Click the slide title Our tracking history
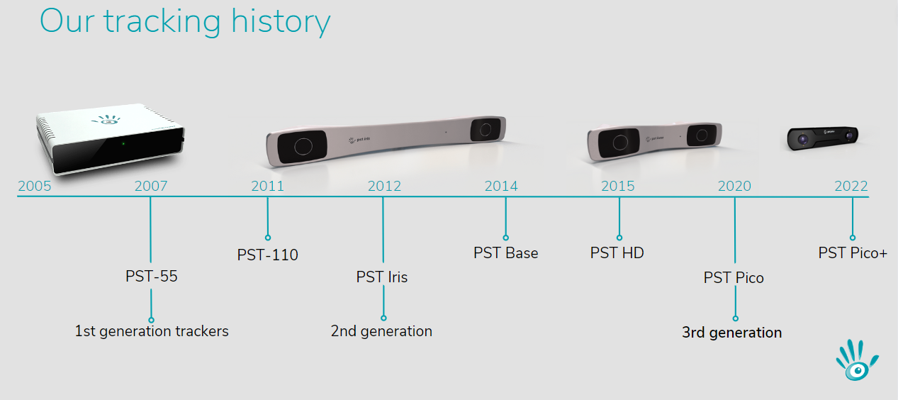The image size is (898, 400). [x=185, y=22]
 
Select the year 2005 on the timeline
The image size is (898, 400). [x=35, y=186]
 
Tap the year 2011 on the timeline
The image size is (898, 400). [x=267, y=186]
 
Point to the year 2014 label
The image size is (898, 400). [x=501, y=186]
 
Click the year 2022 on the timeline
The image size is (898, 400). [x=851, y=186]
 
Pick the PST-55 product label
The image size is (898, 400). [x=151, y=277]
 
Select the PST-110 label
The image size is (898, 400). [x=267, y=255]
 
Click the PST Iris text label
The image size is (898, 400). [x=381, y=277]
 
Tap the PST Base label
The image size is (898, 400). [x=505, y=253]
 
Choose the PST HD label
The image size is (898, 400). [x=617, y=253]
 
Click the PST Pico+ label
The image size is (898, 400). [x=853, y=253]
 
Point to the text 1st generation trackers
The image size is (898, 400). [x=152, y=331]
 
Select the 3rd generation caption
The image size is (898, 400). [x=731, y=333]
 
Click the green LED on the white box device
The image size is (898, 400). [x=123, y=144]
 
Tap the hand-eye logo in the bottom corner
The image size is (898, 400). [x=857, y=360]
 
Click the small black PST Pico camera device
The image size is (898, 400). [x=822, y=138]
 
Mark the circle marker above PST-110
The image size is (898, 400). [x=268, y=238]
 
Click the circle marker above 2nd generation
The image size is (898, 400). [x=383, y=318]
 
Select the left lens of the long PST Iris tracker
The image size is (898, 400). [x=303, y=146]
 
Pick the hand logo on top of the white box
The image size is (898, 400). [x=106, y=120]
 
